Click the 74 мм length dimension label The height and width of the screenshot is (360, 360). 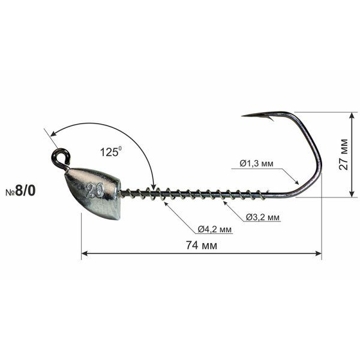coord(201,245)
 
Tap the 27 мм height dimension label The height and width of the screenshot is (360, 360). coord(343,154)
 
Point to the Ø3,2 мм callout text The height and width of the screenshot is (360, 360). coord(263,217)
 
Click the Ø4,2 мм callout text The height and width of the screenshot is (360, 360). coord(215,229)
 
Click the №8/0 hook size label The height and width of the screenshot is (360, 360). coord(20,191)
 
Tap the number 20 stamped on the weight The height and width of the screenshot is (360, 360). coord(94,191)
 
